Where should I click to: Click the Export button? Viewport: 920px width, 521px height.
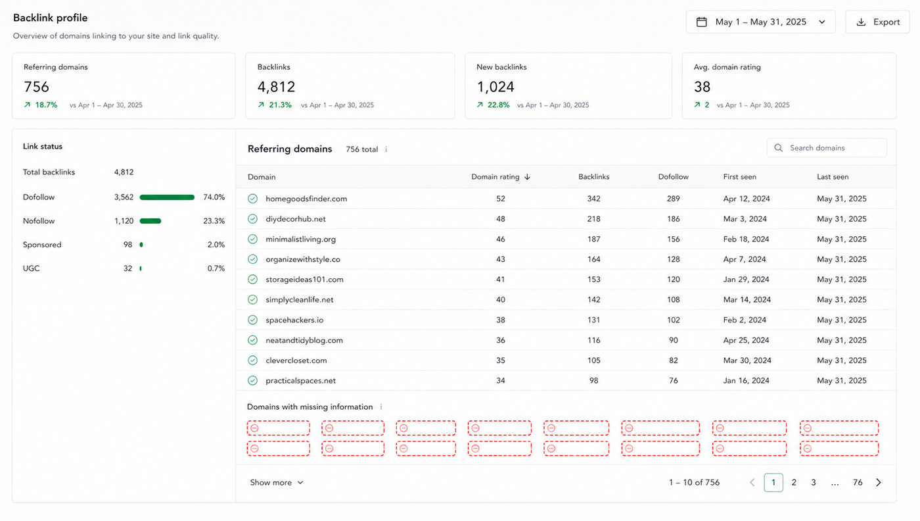click(877, 22)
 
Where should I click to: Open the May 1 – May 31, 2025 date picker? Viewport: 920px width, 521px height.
click(761, 22)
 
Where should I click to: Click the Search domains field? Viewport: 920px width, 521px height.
click(827, 147)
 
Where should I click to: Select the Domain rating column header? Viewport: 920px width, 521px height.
click(501, 177)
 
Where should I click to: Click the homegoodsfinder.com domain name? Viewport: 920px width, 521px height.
click(306, 199)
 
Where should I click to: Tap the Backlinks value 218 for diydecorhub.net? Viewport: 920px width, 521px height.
click(593, 219)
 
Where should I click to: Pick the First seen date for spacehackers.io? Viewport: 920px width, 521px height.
click(745, 320)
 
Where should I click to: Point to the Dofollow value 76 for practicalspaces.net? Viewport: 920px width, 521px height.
click(673, 380)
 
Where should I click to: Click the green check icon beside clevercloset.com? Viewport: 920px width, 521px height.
click(252, 360)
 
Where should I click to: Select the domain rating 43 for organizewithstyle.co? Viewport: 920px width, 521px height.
click(500, 259)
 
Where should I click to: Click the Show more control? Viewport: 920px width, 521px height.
click(277, 482)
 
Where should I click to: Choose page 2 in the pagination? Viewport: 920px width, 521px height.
click(794, 482)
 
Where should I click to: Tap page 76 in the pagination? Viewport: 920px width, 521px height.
click(858, 482)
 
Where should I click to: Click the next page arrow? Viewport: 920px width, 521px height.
click(879, 482)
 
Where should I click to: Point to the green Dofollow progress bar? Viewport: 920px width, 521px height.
click(167, 197)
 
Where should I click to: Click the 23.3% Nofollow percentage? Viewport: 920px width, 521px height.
click(214, 221)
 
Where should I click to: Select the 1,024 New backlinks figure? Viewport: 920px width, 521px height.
click(495, 87)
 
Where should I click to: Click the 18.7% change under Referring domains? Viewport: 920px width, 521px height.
click(46, 105)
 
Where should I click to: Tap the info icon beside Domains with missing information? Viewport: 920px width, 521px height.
click(381, 407)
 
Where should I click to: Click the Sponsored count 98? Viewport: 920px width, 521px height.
click(127, 245)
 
